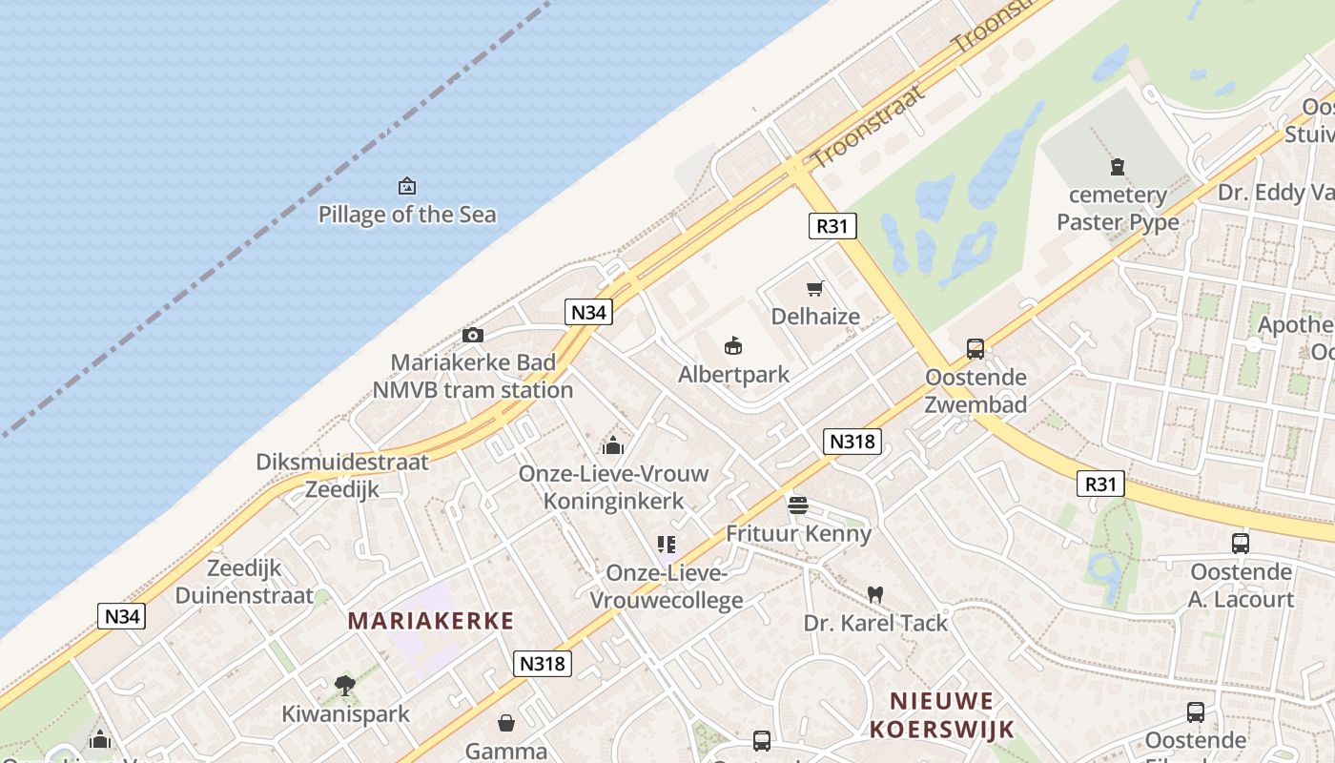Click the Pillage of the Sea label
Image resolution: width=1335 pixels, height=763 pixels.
(407, 214)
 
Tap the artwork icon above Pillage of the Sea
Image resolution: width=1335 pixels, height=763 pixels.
(407, 185)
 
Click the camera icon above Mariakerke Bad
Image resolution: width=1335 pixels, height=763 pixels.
(472, 335)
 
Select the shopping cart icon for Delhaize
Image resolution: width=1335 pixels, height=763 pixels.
(814, 288)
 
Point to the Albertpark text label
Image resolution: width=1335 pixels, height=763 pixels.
(733, 374)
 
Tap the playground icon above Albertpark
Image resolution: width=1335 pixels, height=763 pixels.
(733, 345)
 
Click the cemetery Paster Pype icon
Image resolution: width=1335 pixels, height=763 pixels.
(1118, 167)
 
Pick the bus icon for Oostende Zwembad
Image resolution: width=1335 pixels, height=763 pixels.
(976, 349)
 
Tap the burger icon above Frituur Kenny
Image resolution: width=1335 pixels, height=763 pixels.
(798, 505)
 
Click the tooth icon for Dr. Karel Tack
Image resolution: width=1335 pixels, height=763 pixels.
(874, 594)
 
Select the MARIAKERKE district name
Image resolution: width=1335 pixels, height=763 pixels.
(430, 621)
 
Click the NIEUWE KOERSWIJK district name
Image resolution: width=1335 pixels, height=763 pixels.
(940, 715)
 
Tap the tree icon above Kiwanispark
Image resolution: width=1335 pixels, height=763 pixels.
(345, 685)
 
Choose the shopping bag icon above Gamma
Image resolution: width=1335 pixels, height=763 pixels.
(506, 723)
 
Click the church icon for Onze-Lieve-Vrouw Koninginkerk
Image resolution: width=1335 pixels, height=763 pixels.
(613, 444)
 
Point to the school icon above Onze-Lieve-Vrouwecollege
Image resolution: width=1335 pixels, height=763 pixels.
(667, 545)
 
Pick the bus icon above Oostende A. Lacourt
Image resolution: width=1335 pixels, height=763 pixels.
(1240, 544)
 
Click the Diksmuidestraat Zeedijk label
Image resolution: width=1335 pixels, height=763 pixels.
(341, 475)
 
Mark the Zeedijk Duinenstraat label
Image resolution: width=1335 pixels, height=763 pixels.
(244, 582)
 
